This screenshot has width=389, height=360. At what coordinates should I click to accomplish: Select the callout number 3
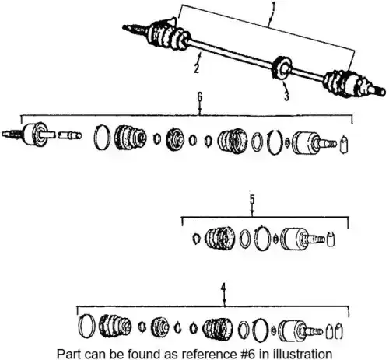coord(286,96)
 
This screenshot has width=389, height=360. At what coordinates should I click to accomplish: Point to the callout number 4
coord(223,288)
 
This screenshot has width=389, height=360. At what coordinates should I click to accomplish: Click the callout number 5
coord(252,199)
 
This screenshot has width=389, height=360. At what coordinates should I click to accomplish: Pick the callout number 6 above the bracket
coord(200,96)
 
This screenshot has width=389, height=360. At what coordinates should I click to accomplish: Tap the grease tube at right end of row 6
coord(344,144)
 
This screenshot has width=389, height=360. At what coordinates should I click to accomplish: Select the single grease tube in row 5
coord(331,239)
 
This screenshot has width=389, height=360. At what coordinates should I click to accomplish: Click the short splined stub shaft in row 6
coord(69,135)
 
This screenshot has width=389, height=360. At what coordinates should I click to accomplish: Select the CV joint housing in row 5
coord(302,239)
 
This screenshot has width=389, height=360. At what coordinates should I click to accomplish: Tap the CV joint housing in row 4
coord(300,331)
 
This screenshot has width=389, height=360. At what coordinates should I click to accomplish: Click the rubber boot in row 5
coord(220,238)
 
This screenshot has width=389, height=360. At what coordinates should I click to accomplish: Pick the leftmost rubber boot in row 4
coord(115,326)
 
